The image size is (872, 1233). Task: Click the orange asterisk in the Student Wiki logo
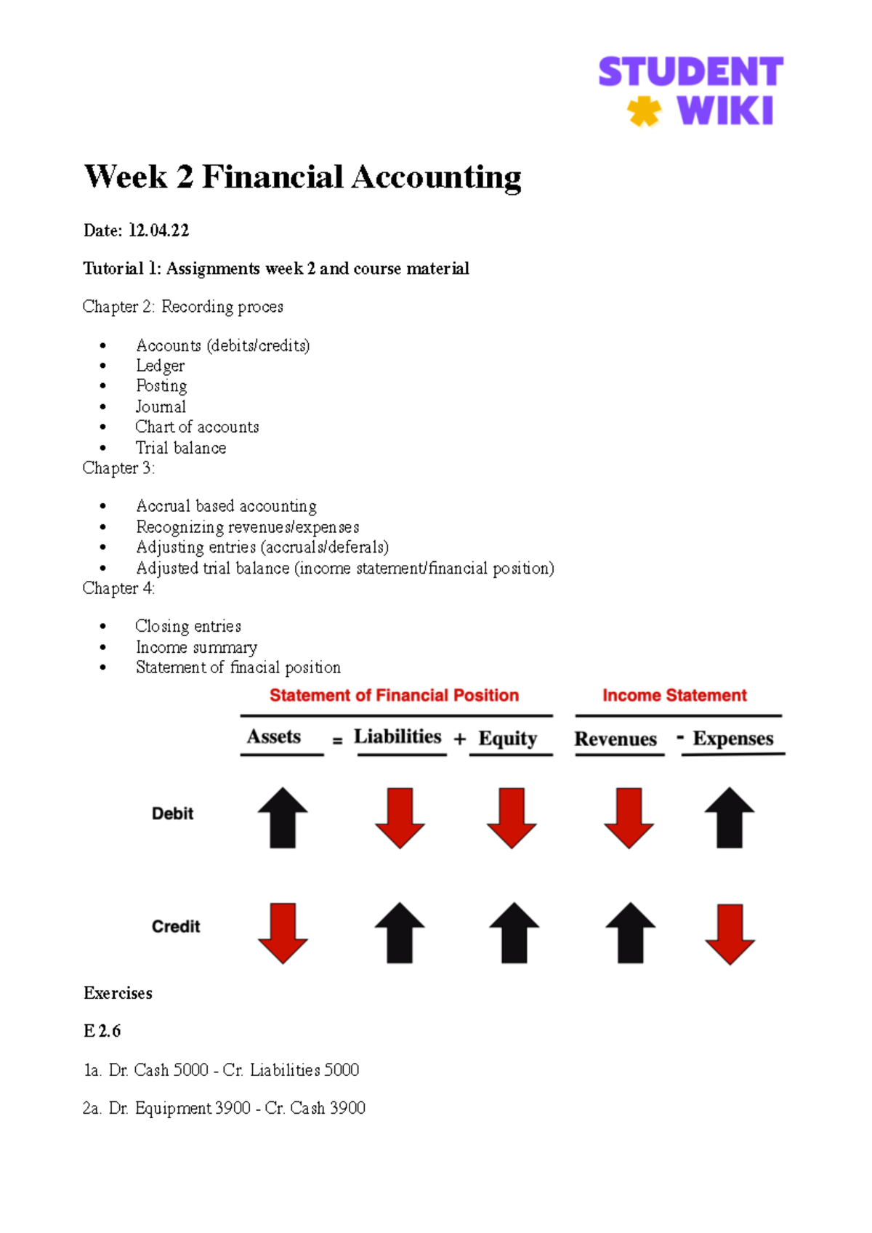tap(644, 112)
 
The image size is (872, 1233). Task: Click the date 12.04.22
tap(158, 231)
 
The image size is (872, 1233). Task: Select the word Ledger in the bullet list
tap(160, 366)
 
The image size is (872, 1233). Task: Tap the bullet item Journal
tap(161, 406)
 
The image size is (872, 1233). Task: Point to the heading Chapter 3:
tap(118, 468)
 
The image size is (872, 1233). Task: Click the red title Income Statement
tap(674, 696)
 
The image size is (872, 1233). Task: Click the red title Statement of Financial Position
tap(394, 696)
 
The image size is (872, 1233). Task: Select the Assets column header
tap(273, 737)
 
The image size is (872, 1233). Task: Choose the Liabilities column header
tap(397, 737)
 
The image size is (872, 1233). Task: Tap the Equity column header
tap(507, 739)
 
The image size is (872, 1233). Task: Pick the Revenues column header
tap(615, 739)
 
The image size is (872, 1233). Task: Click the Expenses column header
tap(732, 739)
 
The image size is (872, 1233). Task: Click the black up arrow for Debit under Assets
tap(283, 818)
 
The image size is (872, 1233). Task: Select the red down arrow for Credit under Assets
tap(283, 933)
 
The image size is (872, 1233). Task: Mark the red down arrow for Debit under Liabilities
tap(400, 818)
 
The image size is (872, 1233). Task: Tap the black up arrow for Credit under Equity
tap(514, 933)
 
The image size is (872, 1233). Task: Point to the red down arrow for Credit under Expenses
tap(730, 934)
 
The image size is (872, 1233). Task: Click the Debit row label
tap(172, 814)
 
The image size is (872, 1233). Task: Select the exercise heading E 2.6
tap(102, 1031)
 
